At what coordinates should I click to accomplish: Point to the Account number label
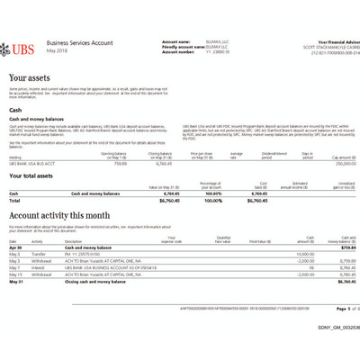(x=179, y=51)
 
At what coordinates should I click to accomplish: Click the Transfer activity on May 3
(x=40, y=255)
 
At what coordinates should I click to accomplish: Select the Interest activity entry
(x=40, y=267)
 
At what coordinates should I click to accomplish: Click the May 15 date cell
(x=14, y=274)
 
